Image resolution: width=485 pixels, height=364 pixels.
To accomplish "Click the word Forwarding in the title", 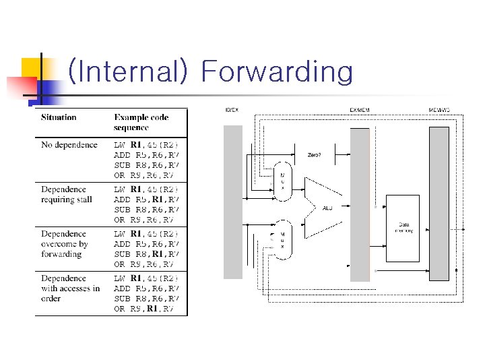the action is [277, 71].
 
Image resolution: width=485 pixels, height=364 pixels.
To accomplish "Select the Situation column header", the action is [59, 117].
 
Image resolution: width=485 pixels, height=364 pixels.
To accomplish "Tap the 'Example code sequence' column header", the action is [141, 122].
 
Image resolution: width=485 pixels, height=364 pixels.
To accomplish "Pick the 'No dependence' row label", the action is [69, 145].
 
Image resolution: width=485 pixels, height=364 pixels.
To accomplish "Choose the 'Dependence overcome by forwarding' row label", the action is [65, 244].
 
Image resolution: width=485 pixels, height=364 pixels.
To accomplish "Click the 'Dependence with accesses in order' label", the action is [70, 289].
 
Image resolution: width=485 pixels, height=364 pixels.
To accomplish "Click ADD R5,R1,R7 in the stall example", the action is [146, 200].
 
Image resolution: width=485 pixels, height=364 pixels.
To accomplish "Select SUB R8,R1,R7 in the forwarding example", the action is [146, 254].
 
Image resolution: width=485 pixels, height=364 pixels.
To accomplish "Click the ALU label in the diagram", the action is [327, 208].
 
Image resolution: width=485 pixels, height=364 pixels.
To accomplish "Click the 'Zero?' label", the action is [315, 154].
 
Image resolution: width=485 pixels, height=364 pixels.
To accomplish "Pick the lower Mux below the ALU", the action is [283, 239].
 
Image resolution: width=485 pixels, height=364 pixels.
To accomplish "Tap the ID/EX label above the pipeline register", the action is [231, 110].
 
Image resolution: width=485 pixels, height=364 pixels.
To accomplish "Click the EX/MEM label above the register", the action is [359, 110].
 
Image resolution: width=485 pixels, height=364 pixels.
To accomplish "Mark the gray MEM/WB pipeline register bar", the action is [439, 202].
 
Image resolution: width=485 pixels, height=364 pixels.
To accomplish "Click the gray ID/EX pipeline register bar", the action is [232, 202].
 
